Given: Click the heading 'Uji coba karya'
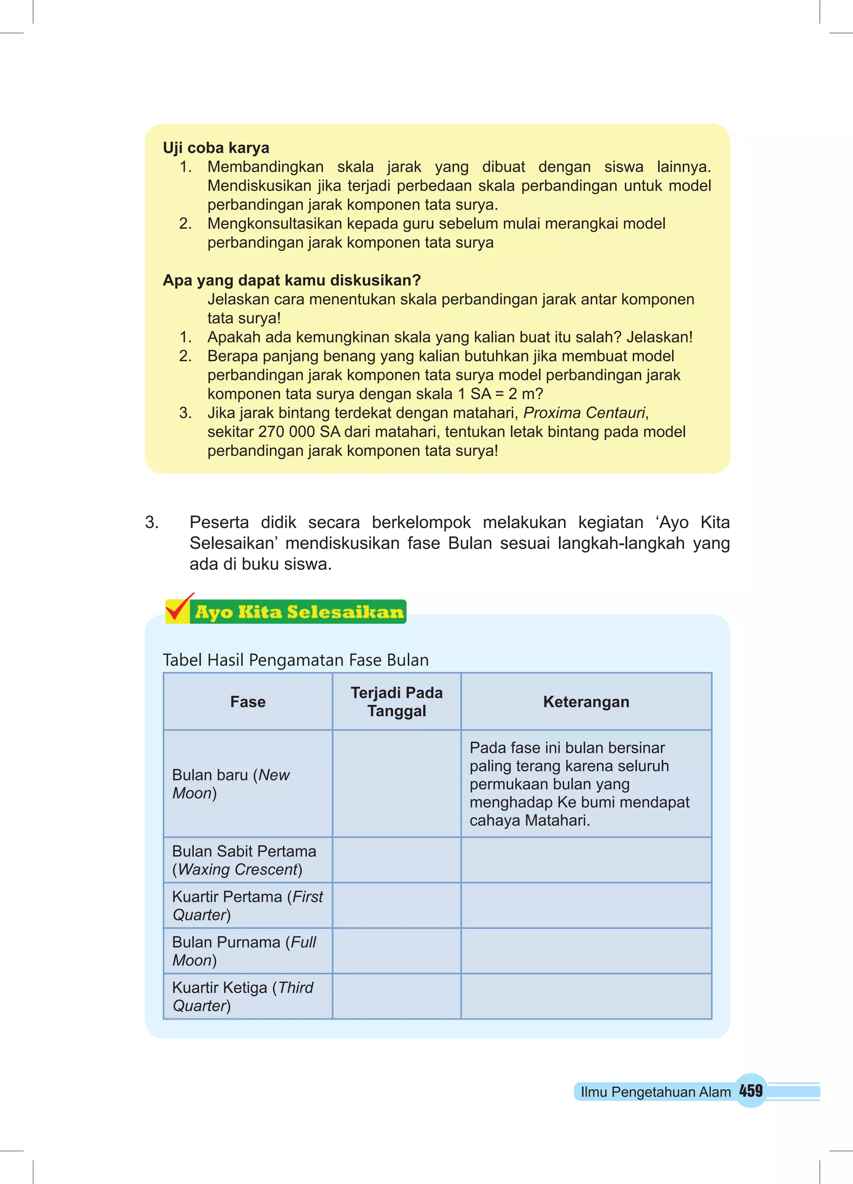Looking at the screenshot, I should [x=216, y=148].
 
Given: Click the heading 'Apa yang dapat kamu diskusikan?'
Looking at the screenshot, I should [x=291, y=280].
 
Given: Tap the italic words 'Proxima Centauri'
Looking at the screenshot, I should [x=584, y=412].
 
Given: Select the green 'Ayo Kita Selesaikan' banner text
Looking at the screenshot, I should [x=299, y=612].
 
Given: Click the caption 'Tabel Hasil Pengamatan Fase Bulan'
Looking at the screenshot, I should [x=295, y=660].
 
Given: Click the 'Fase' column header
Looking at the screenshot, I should [x=247, y=702].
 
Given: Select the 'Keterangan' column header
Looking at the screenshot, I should [x=586, y=702].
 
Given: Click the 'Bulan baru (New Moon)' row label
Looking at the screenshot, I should [x=231, y=784].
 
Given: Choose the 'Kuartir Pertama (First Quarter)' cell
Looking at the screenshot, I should [x=247, y=905].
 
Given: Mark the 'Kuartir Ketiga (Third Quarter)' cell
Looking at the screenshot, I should [x=243, y=996].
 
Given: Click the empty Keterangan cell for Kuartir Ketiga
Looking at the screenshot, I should [x=586, y=996].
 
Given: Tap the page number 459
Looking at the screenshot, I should [x=751, y=1091].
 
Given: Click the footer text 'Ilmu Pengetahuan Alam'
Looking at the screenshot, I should [x=655, y=1092].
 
